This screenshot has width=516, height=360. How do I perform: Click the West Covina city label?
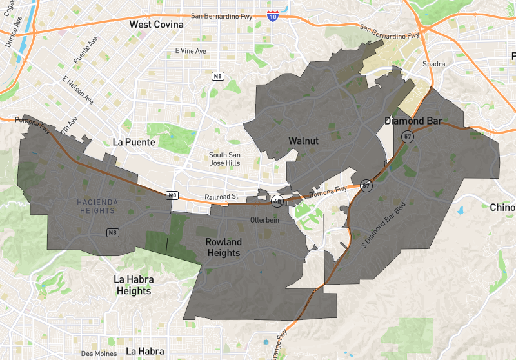156,25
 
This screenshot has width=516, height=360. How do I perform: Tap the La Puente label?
134,142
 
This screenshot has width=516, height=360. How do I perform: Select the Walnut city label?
303,141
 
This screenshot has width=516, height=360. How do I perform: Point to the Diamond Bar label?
413,121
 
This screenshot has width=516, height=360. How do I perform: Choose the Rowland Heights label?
224,247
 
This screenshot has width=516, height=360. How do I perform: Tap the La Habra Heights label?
134,285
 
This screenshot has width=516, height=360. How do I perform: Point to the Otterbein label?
264,221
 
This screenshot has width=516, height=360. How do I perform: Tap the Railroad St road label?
223,195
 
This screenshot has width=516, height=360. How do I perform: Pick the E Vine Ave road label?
190,51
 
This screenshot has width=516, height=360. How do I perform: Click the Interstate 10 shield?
273,14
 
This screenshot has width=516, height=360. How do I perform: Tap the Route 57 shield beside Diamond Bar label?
407,137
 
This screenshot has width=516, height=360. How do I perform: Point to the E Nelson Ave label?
76,91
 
